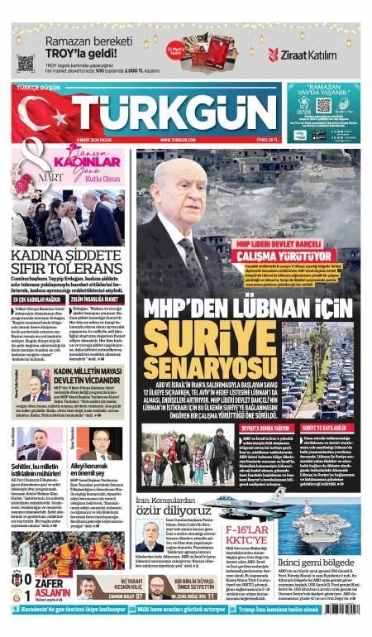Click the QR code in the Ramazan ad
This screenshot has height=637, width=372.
(x=26, y=63)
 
